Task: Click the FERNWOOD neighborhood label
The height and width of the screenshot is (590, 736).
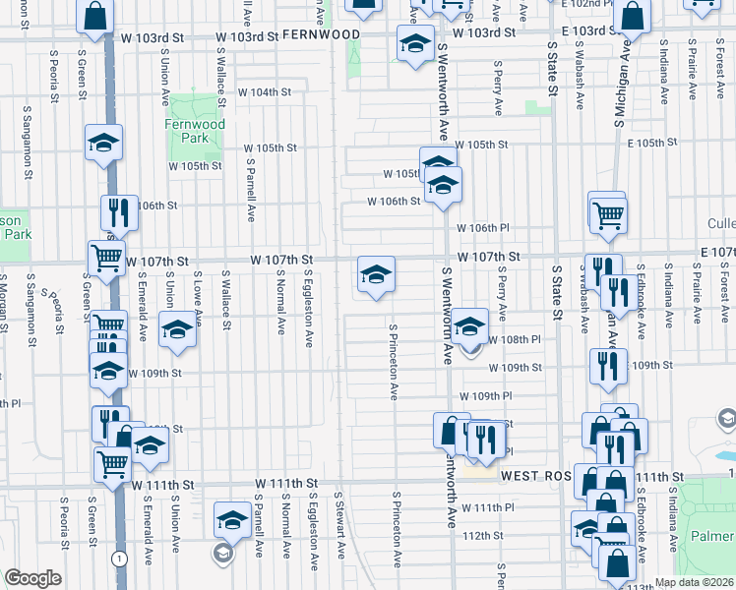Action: (321, 33)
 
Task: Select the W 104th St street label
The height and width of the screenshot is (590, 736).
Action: (266, 91)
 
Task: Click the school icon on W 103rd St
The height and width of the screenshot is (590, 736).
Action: (415, 43)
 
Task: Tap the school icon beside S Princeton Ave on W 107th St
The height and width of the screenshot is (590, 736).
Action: (375, 274)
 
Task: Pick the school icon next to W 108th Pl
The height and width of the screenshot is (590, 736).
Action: (470, 325)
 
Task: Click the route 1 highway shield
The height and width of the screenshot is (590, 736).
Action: (119, 559)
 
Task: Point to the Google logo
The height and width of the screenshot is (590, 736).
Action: (31, 578)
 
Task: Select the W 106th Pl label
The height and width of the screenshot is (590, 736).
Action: (482, 227)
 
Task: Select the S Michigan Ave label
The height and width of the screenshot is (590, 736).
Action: (621, 101)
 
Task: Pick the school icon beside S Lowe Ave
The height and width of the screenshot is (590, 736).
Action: (178, 329)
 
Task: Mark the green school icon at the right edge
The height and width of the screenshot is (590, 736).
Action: (726, 421)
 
